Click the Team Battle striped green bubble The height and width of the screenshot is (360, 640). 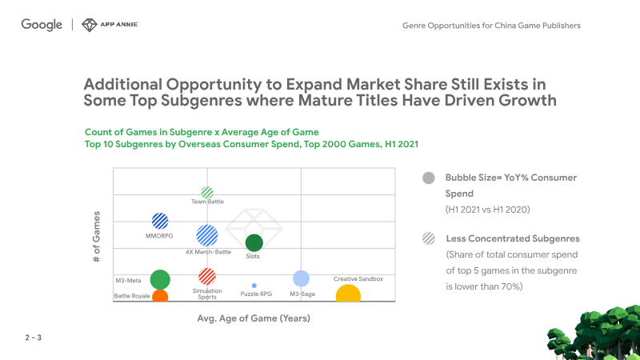point(207,192)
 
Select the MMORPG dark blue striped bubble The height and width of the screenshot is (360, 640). point(160,222)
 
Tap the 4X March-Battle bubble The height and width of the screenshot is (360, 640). point(207,235)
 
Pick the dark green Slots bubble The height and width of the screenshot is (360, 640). point(254,243)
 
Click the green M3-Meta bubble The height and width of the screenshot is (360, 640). point(160,279)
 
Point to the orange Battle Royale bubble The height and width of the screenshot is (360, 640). point(160,295)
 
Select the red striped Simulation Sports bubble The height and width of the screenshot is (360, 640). point(207,276)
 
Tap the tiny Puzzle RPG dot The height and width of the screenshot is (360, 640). point(254,286)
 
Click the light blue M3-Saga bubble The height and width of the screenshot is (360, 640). point(302,278)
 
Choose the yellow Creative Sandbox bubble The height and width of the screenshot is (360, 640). point(348,294)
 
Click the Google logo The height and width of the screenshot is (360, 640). point(42,25)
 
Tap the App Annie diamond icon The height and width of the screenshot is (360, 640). point(89,25)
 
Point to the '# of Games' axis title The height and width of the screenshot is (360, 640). point(96,237)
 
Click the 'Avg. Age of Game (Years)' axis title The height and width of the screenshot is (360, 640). point(254,318)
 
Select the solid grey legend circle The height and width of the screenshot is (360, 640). point(429,178)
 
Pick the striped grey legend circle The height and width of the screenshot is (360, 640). point(429,238)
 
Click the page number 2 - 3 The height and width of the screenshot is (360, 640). point(34,338)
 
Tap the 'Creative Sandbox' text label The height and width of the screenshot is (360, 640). point(358,279)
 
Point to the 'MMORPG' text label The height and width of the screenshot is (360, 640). point(159,236)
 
